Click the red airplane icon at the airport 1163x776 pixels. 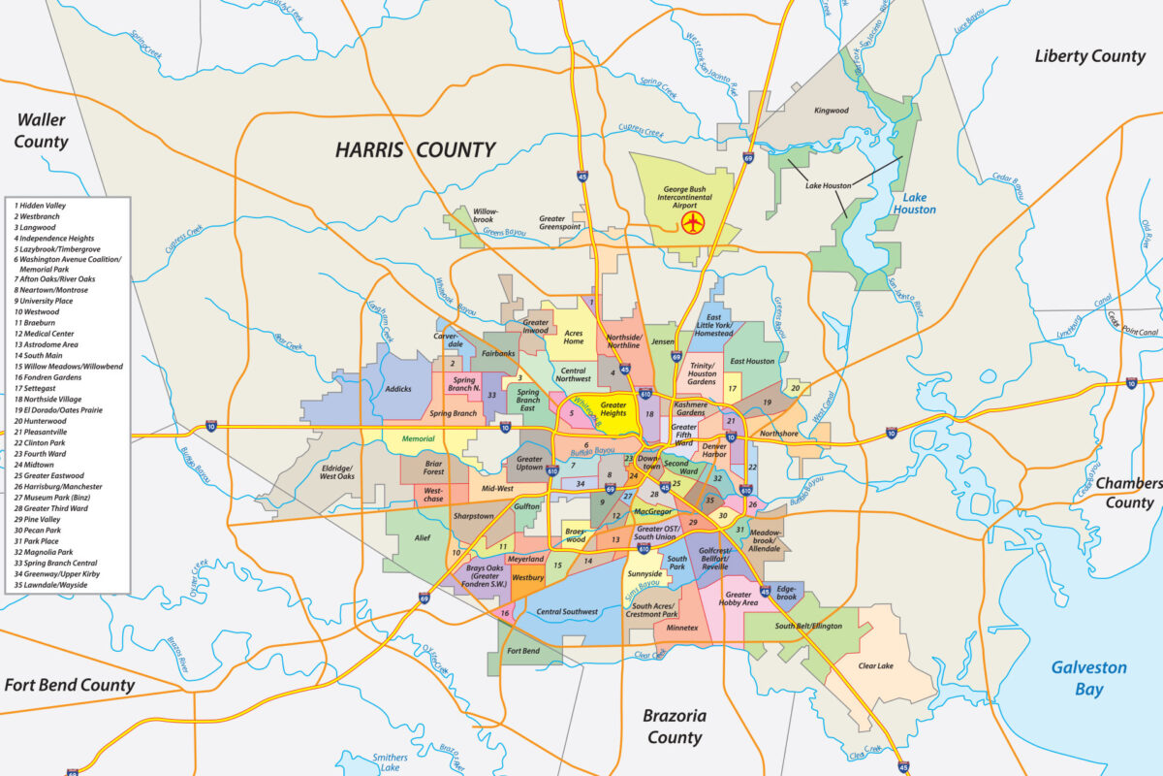click(692, 223)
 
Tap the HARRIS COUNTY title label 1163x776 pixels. click(415, 149)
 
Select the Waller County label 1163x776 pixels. click(41, 131)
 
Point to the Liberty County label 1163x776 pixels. click(1089, 56)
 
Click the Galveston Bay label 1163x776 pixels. click(1089, 678)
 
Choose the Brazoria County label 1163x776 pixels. click(675, 727)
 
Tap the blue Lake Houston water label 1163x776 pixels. click(914, 203)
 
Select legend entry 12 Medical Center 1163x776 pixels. click(44, 334)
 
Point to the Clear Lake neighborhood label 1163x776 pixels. click(876, 666)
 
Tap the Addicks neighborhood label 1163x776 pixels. click(398, 389)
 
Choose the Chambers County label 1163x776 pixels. click(1128, 493)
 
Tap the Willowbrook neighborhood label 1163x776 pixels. click(484, 214)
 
